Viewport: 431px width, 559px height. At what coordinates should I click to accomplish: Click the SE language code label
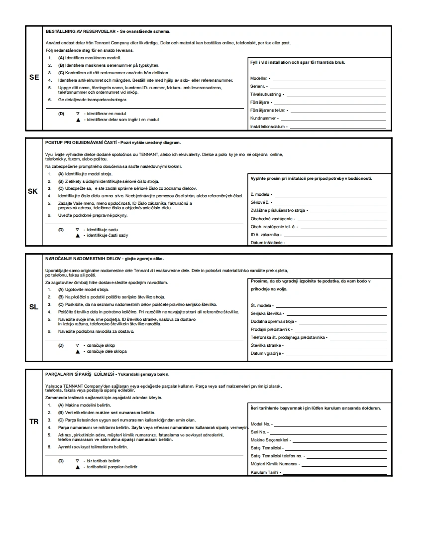[x=34, y=78]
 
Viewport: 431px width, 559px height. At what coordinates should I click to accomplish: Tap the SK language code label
[x=33, y=191]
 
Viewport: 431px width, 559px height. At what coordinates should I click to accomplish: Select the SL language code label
[x=33, y=307]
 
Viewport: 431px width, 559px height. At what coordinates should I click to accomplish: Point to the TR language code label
[x=33, y=421]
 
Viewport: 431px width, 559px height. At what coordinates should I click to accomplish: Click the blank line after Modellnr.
[x=328, y=79]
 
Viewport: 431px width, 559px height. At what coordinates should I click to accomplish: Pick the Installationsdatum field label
[x=268, y=127]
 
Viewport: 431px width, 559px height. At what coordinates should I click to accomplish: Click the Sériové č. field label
[x=260, y=202]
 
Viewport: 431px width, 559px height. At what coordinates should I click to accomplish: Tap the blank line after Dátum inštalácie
[x=336, y=243]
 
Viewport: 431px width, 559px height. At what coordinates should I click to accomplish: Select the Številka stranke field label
[x=266, y=345]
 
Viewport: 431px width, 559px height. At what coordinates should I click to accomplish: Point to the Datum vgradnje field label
[x=266, y=353]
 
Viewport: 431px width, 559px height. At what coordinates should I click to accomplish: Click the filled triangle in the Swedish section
[x=78, y=120]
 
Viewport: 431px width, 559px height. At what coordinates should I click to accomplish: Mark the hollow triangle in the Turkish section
[x=78, y=461]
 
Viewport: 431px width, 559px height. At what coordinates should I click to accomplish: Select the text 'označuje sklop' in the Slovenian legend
[x=101, y=345]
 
